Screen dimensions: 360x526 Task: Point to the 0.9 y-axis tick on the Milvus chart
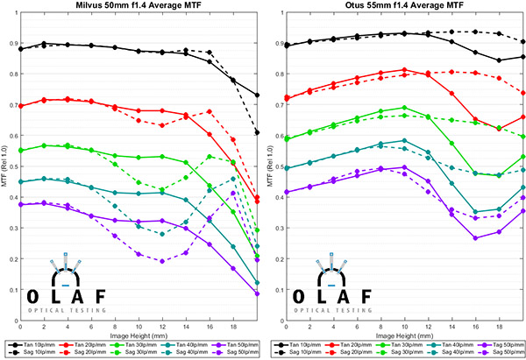coord(12,42)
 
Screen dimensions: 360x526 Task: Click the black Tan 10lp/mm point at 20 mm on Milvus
coord(256,95)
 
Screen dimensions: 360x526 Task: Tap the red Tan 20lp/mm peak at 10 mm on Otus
coord(404,70)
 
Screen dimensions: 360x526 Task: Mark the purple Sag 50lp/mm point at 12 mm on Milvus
coord(162,261)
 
